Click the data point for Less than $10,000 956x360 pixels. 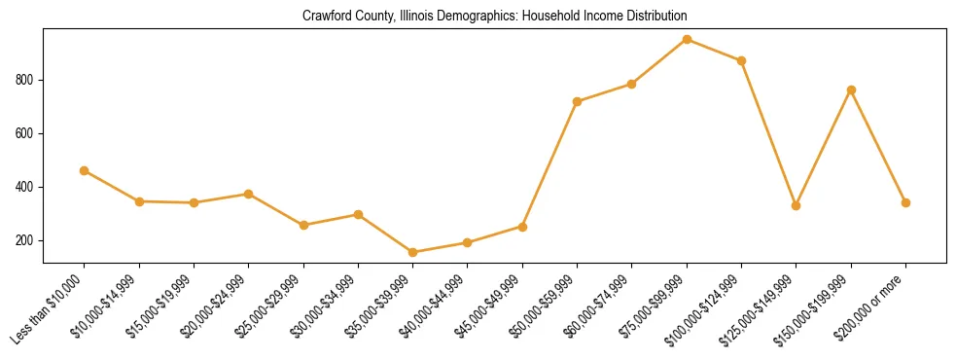(x=85, y=170)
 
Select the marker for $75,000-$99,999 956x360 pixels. (x=687, y=39)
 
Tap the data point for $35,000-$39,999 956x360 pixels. (x=413, y=252)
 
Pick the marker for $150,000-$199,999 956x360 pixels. (x=851, y=90)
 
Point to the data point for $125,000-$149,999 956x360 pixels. (x=797, y=205)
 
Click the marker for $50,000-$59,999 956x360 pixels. (x=578, y=101)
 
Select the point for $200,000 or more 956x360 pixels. (x=905, y=202)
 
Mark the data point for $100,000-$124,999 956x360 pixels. (x=741, y=60)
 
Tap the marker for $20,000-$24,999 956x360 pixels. (x=249, y=194)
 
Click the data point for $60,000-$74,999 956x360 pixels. (x=632, y=84)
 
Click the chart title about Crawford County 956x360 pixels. (x=495, y=17)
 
